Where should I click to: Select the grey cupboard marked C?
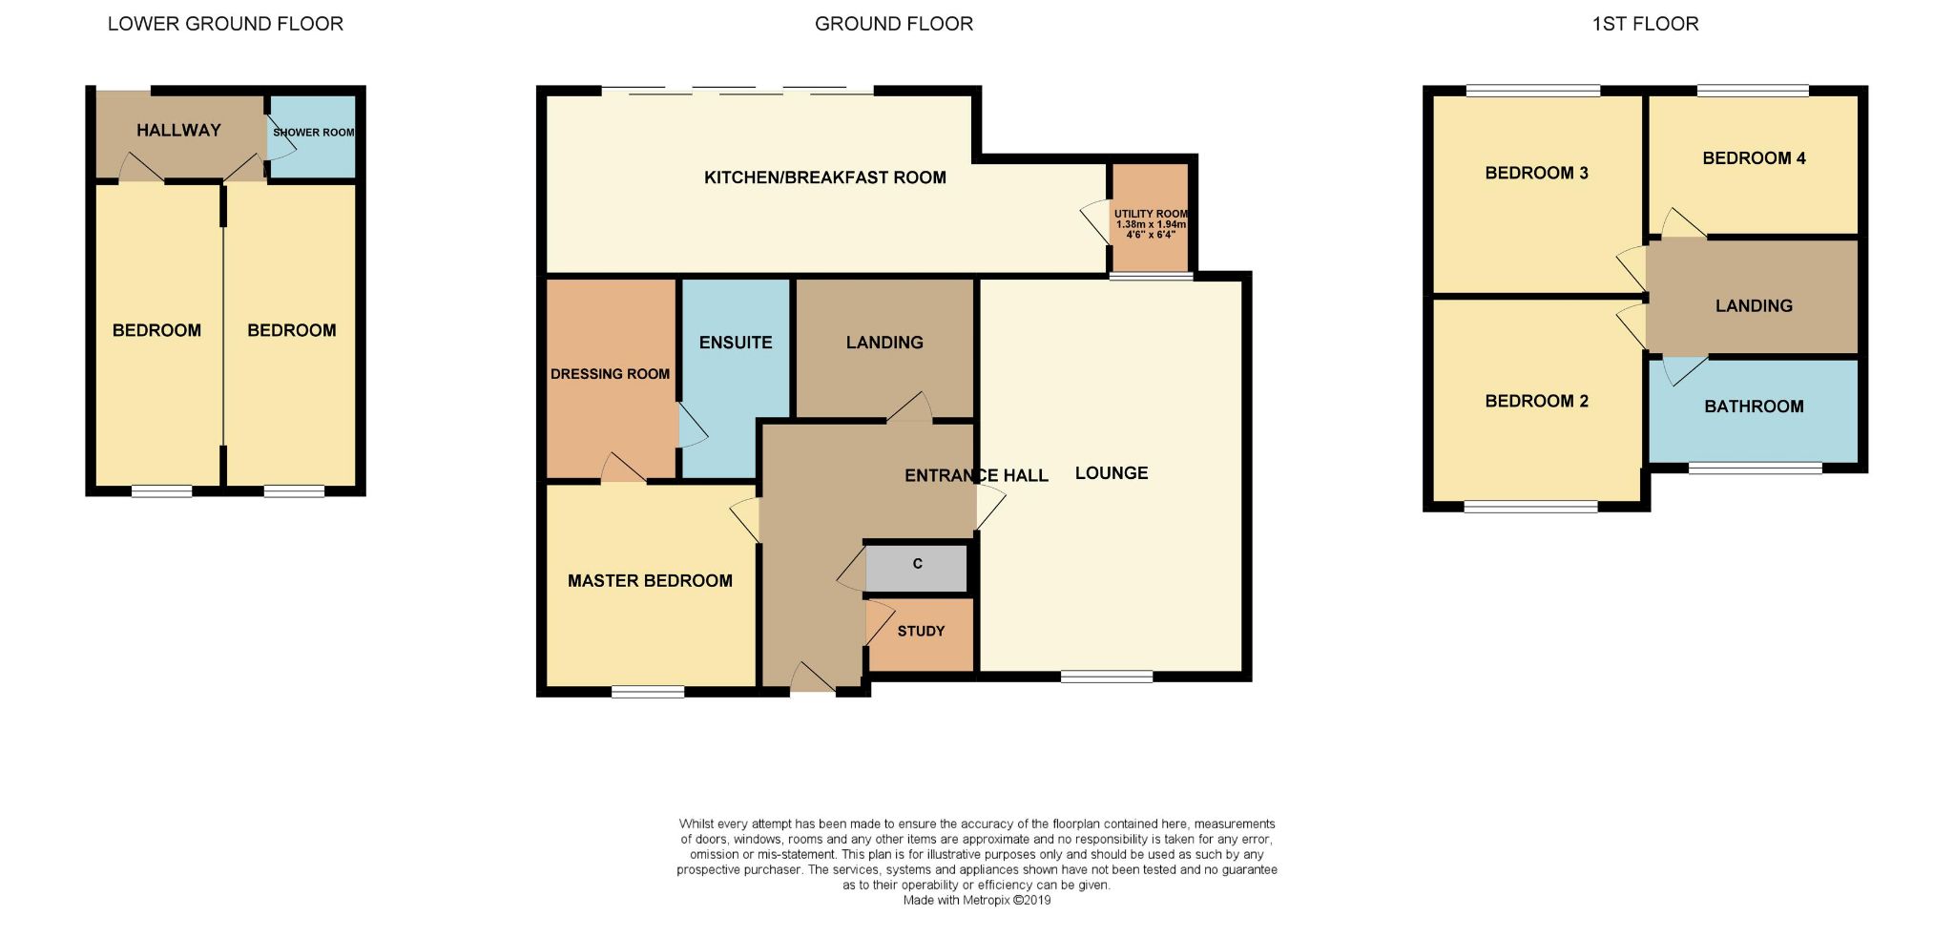[x=916, y=569]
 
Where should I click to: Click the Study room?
[x=920, y=635]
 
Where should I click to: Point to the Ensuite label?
[x=736, y=343]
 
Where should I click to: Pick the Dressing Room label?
[x=610, y=374]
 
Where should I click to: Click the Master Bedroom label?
[x=650, y=581]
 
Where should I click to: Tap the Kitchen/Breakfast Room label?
[x=825, y=177]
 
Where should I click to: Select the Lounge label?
[x=1112, y=473]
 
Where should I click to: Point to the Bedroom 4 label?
[x=1754, y=158]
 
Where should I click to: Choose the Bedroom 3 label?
[x=1536, y=173]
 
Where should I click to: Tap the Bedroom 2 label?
[x=1536, y=401]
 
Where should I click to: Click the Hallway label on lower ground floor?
[x=178, y=131]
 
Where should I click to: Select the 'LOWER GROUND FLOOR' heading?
[x=225, y=24]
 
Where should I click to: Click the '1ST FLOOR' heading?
[x=1645, y=24]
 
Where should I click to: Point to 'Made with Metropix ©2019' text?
[x=977, y=900]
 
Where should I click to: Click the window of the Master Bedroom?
[x=648, y=691]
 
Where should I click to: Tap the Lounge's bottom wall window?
[x=1107, y=677]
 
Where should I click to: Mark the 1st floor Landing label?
[x=1754, y=306]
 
